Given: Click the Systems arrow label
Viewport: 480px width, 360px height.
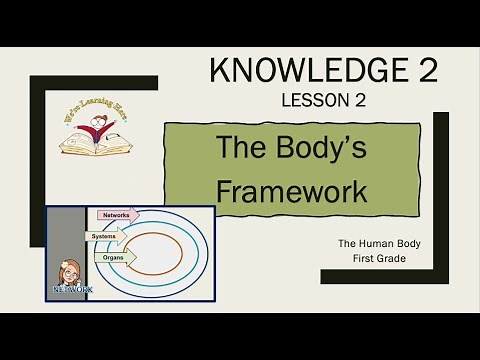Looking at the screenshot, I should click(x=109, y=236).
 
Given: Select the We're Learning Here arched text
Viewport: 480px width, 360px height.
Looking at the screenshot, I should click(x=91, y=112).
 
